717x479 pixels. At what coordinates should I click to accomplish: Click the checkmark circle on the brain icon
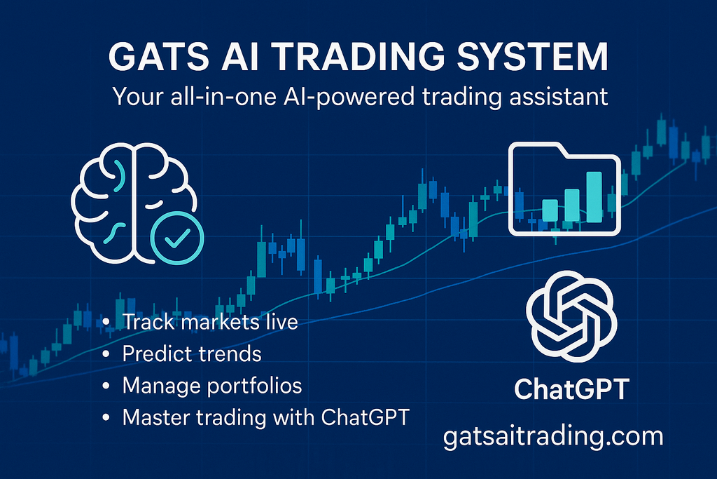pyautogui.click(x=178, y=238)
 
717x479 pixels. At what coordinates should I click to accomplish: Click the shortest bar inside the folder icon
pyautogui.click(x=550, y=210)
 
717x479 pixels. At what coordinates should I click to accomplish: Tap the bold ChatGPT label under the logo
pyautogui.click(x=571, y=389)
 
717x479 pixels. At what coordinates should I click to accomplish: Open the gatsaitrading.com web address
pyautogui.click(x=553, y=436)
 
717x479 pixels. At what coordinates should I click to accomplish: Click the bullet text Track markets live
pyautogui.click(x=210, y=323)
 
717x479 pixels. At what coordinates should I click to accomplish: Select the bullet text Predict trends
pyautogui.click(x=191, y=354)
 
